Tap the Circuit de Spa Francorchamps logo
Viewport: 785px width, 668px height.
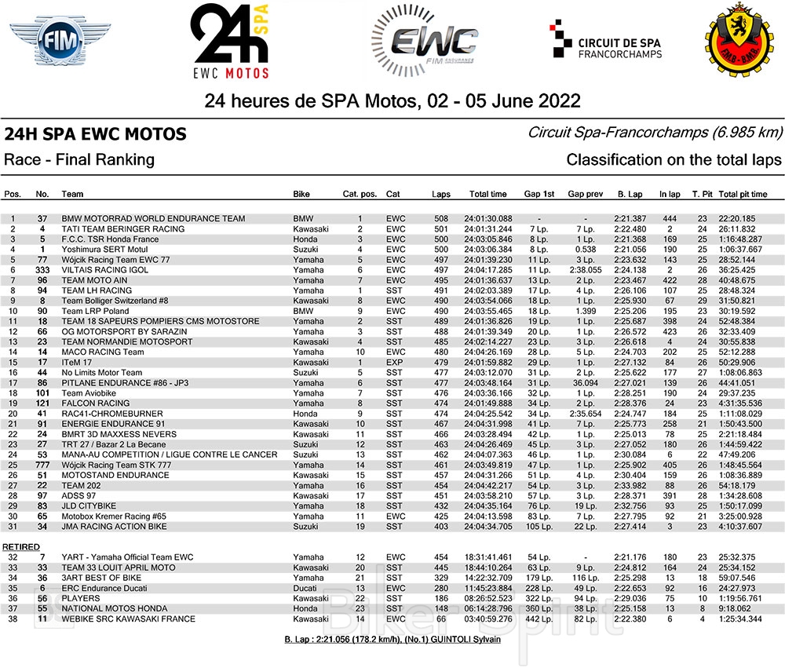[x=605, y=42]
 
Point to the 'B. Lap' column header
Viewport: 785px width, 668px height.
[x=630, y=194]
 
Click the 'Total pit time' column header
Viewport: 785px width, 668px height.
[x=743, y=194]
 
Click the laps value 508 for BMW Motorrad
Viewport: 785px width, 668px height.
[x=440, y=218]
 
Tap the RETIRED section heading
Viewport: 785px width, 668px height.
[x=21, y=546]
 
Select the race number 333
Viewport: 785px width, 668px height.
[x=42, y=270]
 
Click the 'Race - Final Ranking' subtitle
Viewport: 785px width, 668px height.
[x=79, y=160]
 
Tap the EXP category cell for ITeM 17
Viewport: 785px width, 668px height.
[x=394, y=363]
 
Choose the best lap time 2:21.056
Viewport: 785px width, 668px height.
[x=630, y=250]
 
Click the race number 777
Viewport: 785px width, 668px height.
[x=42, y=465]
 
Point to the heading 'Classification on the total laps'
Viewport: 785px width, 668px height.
[x=674, y=160]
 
